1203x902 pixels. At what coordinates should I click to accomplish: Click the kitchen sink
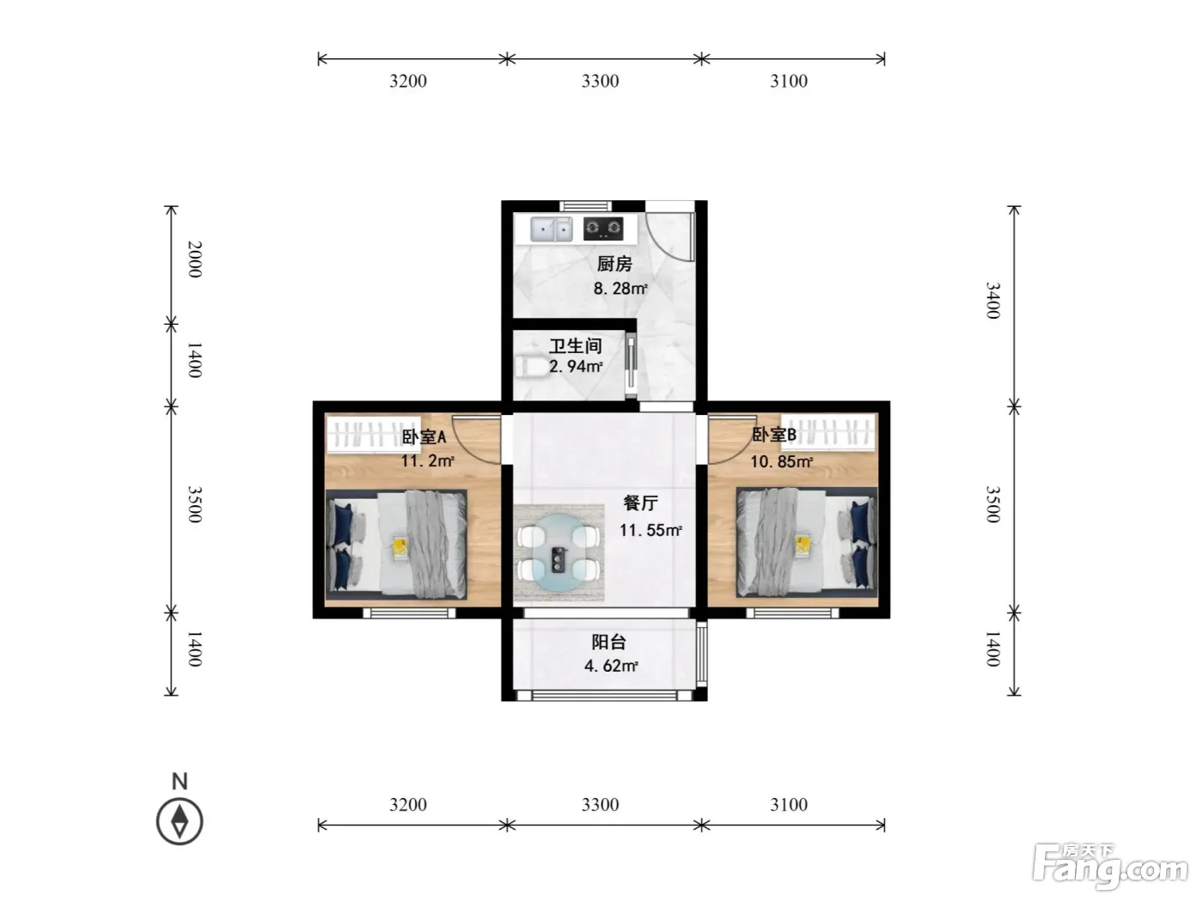[551, 229]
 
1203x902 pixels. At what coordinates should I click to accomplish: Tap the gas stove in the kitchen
[603, 229]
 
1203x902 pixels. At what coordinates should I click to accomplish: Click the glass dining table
[559, 552]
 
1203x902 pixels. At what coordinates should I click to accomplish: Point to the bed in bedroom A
[396, 545]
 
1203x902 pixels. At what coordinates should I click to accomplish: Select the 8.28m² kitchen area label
[620, 288]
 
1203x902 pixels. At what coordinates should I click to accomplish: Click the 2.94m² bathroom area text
[576, 366]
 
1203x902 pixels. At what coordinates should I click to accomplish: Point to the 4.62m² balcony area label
[611, 666]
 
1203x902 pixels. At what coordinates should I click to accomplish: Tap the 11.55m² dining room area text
[650, 530]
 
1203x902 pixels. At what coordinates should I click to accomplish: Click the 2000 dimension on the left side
[195, 259]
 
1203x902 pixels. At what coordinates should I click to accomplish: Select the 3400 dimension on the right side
[993, 300]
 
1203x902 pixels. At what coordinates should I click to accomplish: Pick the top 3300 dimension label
[600, 81]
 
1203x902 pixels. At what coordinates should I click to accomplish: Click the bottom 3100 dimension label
[789, 805]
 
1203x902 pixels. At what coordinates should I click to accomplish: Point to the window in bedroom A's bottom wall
[409, 613]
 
